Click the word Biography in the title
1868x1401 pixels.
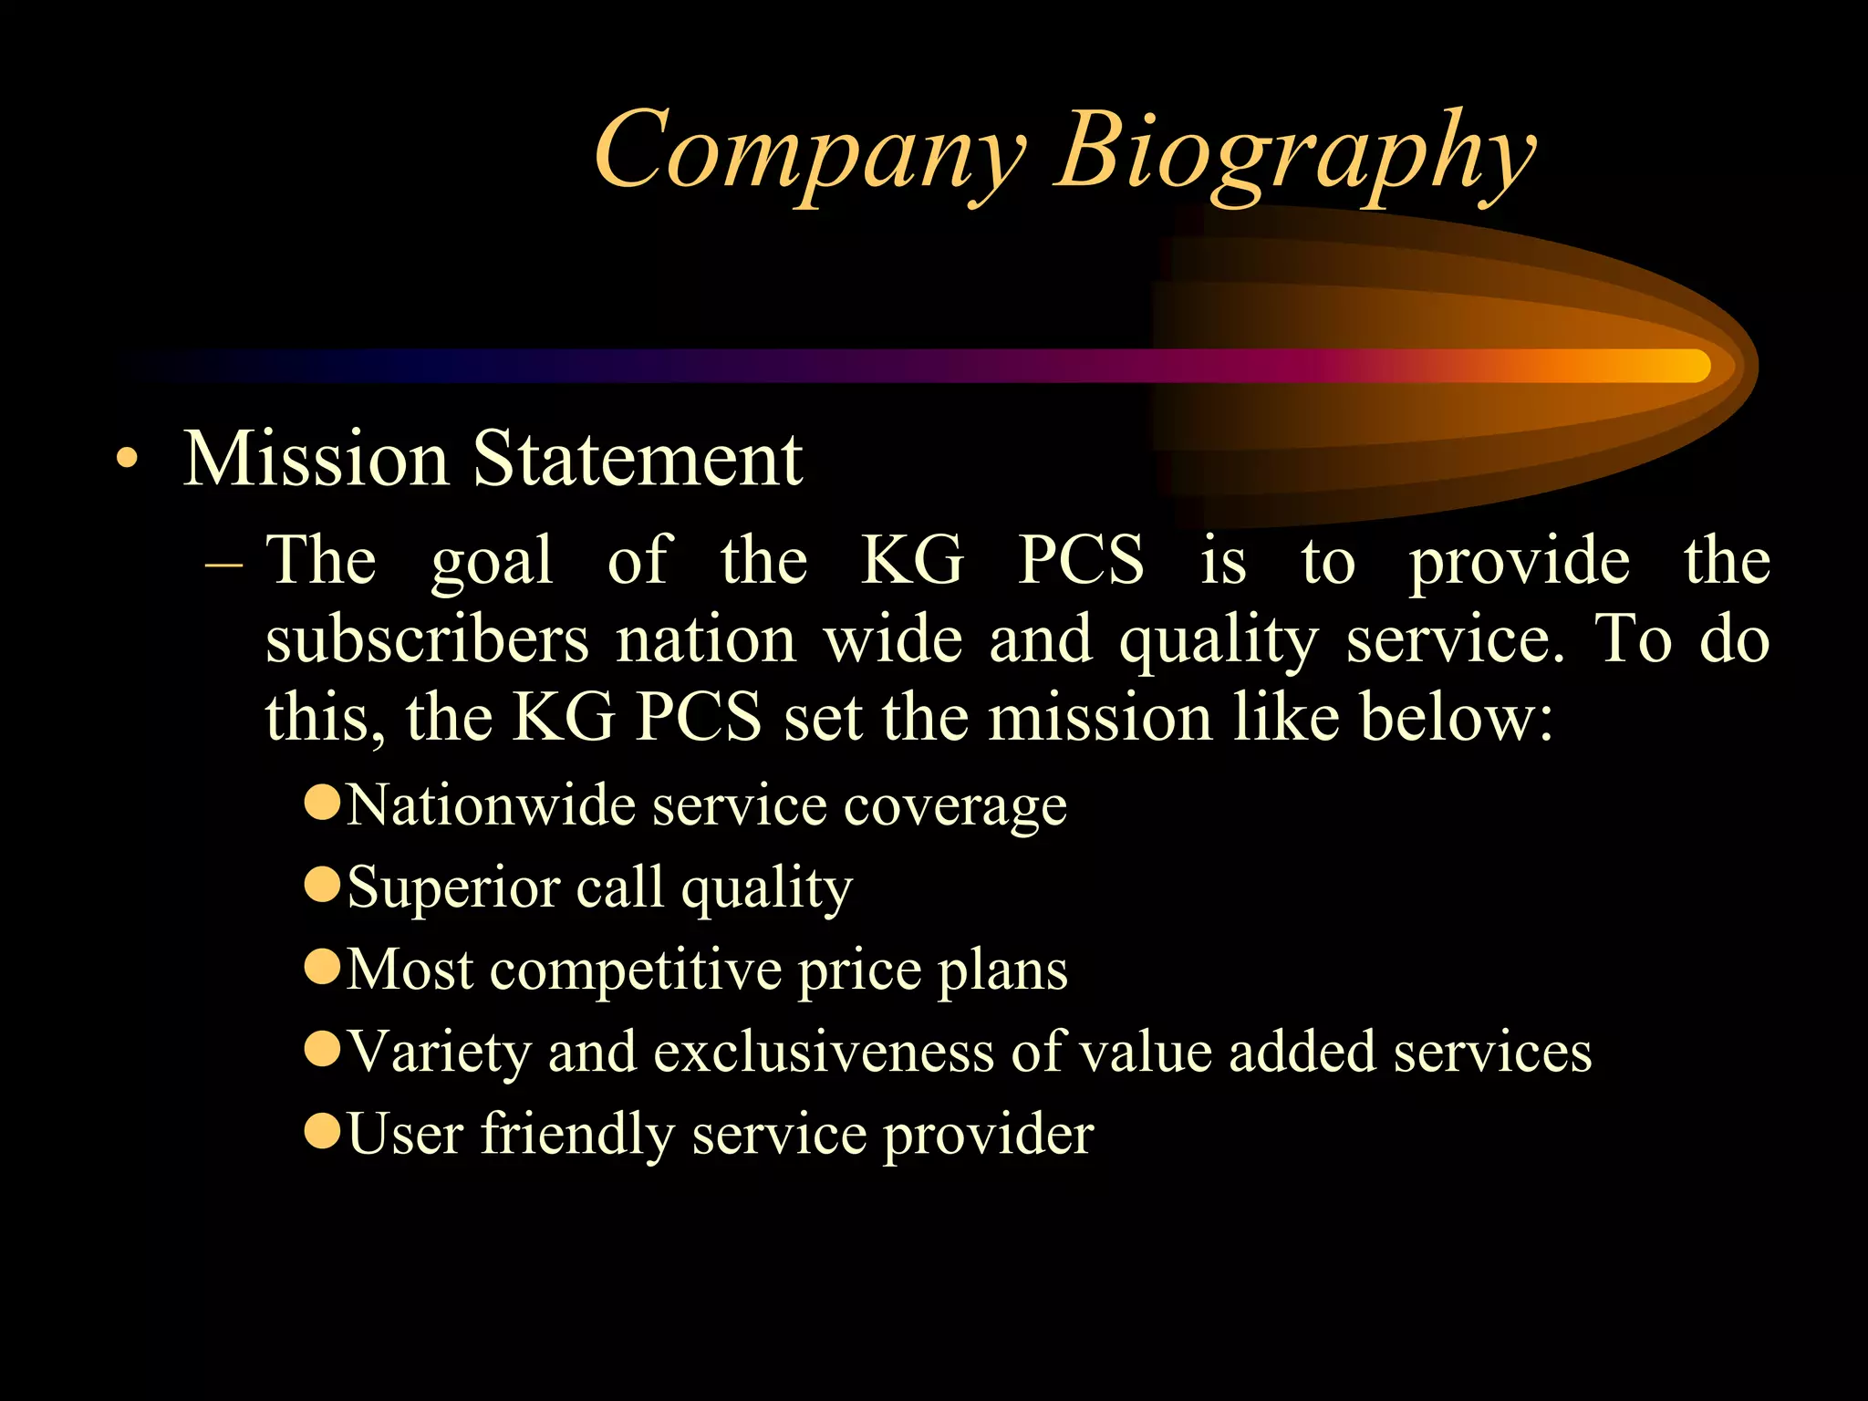click(1295, 151)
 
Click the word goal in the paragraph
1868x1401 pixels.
click(492, 560)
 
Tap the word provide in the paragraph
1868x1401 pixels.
click(1520, 560)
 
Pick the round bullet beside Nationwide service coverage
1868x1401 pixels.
click(322, 804)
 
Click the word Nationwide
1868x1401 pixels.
click(490, 805)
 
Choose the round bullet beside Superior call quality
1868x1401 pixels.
click(322, 885)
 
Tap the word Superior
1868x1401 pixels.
click(453, 887)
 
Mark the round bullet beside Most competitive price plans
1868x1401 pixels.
click(322, 967)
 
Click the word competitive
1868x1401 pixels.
click(635, 970)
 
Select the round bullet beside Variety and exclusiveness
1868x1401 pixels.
click(322, 1049)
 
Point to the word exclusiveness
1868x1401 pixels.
click(824, 1052)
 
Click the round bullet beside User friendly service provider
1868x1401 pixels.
click(322, 1131)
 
